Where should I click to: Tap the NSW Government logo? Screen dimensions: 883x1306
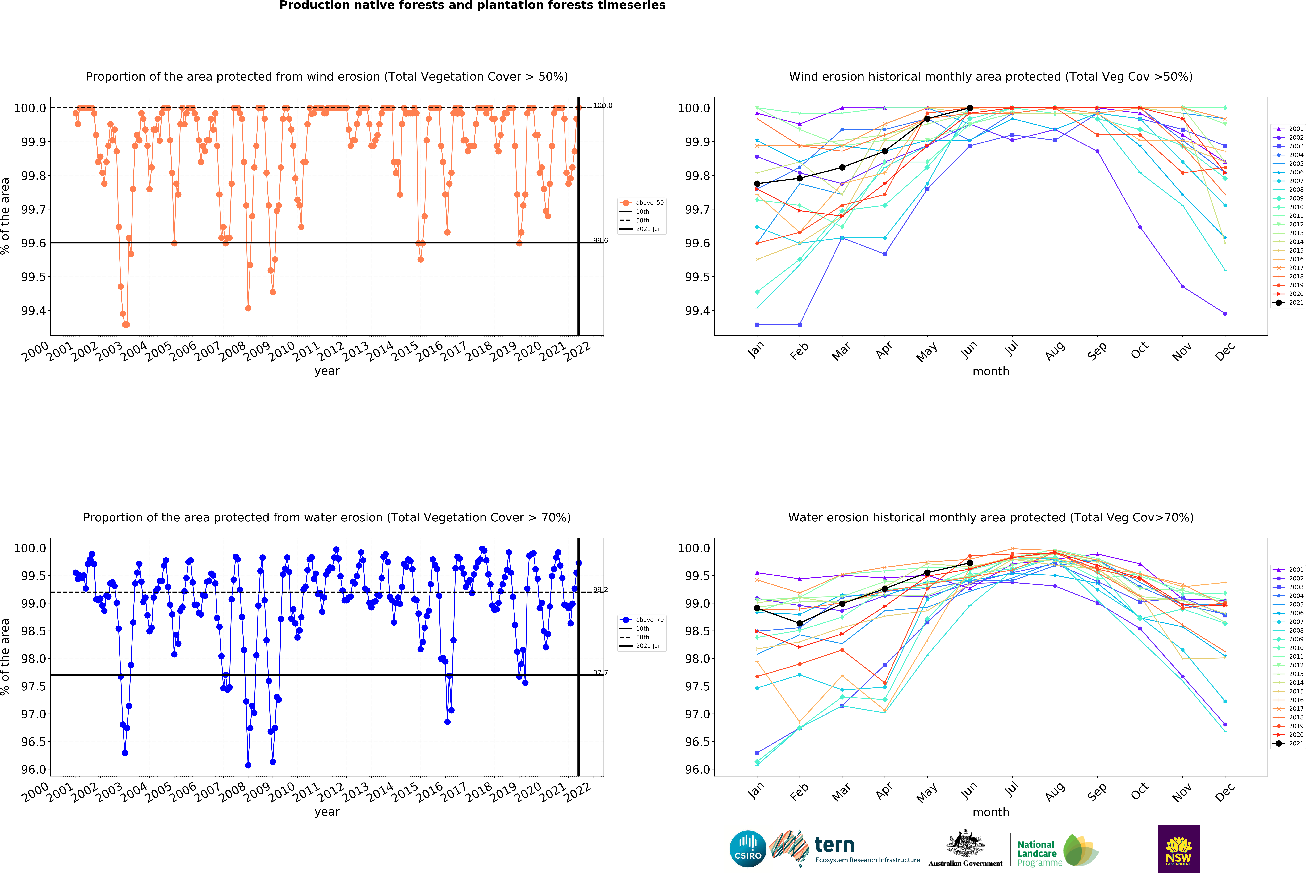1178,849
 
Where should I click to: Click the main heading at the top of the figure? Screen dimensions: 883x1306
472,6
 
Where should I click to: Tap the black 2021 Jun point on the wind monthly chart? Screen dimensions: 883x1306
969,108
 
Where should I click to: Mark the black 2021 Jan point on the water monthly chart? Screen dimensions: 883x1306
757,608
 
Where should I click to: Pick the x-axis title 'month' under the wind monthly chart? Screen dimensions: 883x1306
991,371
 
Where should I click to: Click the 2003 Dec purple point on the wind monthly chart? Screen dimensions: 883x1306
1225,146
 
